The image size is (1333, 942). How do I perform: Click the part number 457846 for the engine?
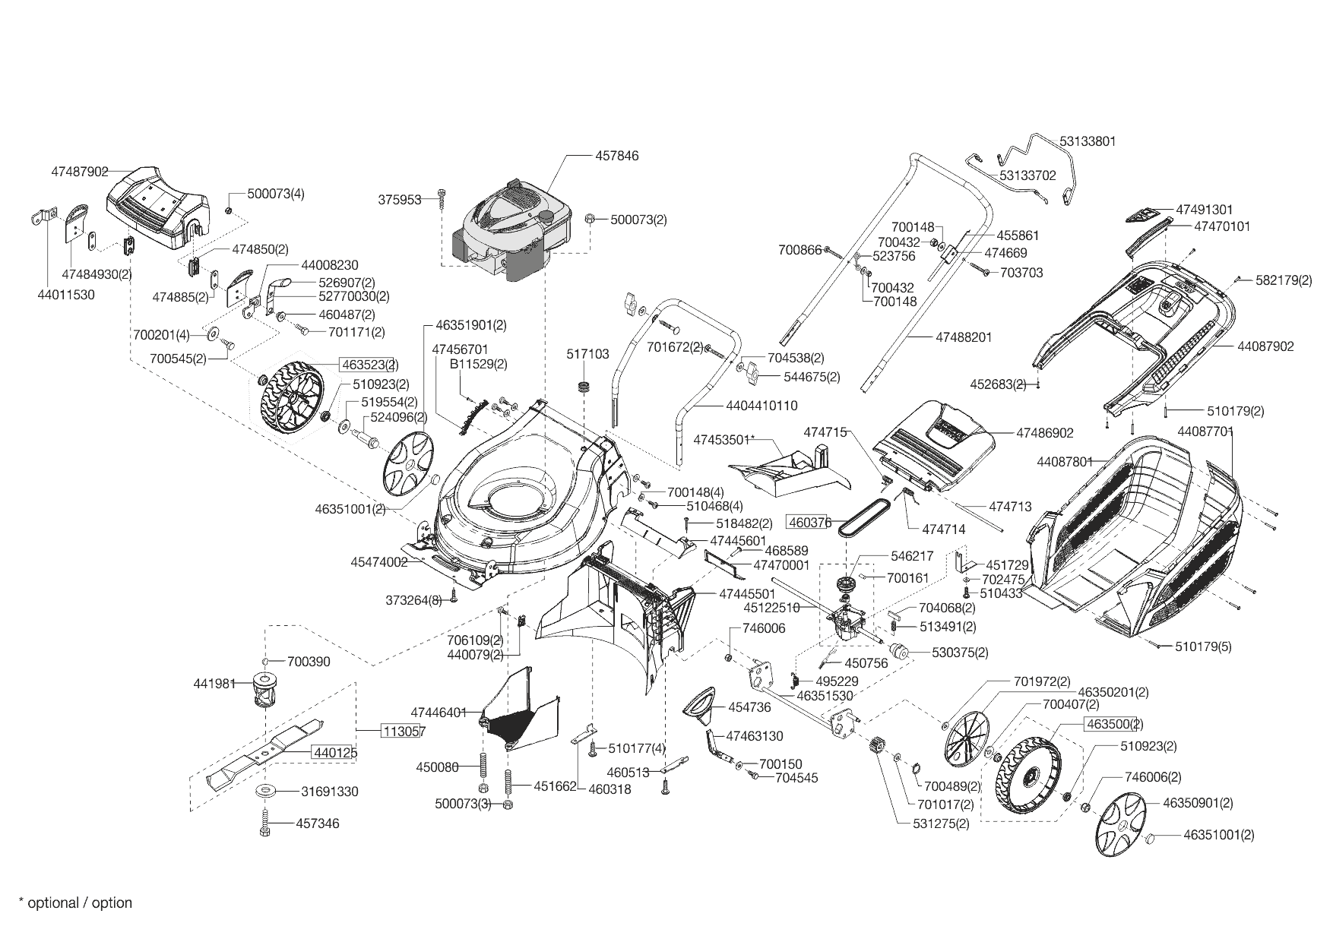pyautogui.click(x=616, y=156)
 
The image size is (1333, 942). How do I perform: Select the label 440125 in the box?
pyautogui.click(x=334, y=752)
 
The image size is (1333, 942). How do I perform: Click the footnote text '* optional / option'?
pyautogui.click(x=75, y=902)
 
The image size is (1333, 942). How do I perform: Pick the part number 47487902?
pyautogui.click(x=80, y=172)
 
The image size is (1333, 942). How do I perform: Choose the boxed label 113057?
pyautogui.click(x=403, y=732)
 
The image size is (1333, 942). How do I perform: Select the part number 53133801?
pyautogui.click(x=1088, y=141)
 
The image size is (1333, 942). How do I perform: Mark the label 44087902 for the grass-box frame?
pyautogui.click(x=1265, y=346)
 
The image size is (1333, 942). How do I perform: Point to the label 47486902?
pyautogui.click(x=1045, y=433)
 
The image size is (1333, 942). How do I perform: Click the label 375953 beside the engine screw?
pyautogui.click(x=400, y=200)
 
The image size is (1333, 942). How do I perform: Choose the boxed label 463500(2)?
pyautogui.click(x=1114, y=724)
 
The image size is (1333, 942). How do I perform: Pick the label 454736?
pyautogui.click(x=749, y=707)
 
